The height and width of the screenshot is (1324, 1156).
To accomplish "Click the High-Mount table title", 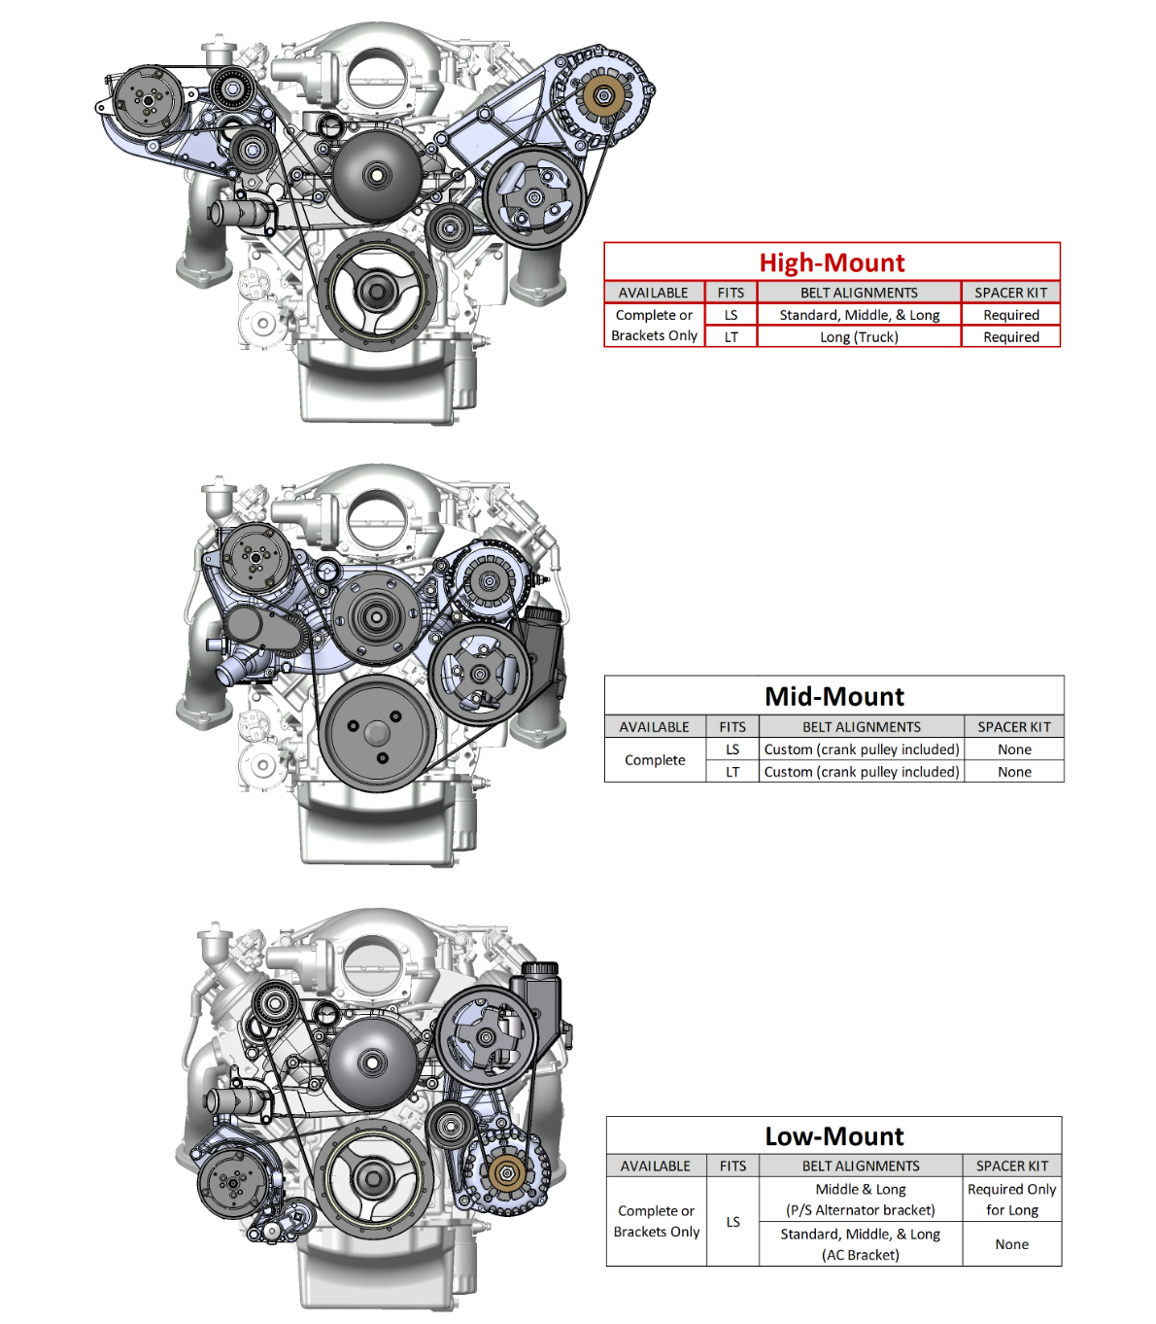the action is coord(832,262).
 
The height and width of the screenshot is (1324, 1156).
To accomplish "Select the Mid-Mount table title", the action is coord(834,696).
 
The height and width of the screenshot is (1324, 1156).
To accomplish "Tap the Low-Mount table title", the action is coord(834,1136).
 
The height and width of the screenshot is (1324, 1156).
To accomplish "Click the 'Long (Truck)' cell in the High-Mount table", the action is coord(859,337).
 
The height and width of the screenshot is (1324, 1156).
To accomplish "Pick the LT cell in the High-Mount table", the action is coord(731,337).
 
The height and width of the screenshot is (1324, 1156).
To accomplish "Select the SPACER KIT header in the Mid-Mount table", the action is coord(1014,727).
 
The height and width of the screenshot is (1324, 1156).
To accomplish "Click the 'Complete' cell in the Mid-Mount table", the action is coord(655,760).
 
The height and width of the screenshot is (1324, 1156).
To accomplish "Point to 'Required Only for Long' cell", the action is coord(1012,1200).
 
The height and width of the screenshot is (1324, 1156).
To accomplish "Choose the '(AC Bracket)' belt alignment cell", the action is coord(860,1244).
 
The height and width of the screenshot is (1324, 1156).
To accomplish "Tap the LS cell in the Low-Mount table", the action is coord(732,1222).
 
